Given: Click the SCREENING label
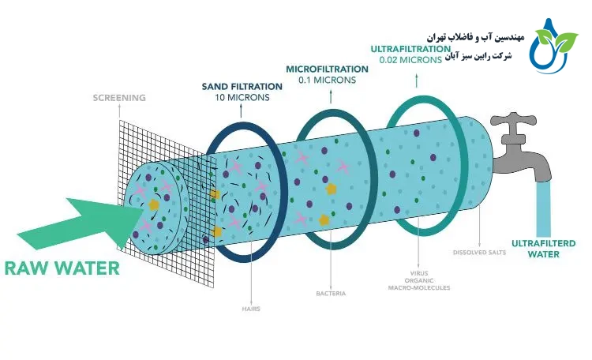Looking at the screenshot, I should [119, 98].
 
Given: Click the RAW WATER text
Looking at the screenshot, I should [62, 268].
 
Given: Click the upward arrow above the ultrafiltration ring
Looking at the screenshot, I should [415, 81].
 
